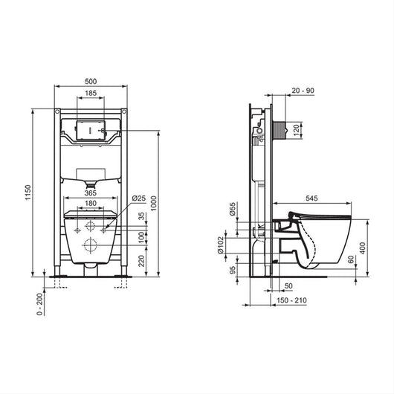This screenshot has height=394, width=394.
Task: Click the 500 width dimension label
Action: coord(91,82)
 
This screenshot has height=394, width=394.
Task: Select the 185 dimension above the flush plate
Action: coord(91,93)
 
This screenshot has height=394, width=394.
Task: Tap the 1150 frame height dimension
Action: coord(28,193)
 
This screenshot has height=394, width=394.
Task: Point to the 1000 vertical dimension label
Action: coord(154,203)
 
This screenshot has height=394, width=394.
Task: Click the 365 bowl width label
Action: coord(91,193)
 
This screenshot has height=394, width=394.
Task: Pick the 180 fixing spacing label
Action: coord(91,203)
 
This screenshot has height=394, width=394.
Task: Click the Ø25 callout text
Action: coord(139,198)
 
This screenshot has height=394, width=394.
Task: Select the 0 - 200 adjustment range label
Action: coord(39,304)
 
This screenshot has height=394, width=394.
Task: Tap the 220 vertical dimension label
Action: coord(142,261)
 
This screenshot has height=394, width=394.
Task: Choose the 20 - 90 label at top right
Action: coord(303,91)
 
